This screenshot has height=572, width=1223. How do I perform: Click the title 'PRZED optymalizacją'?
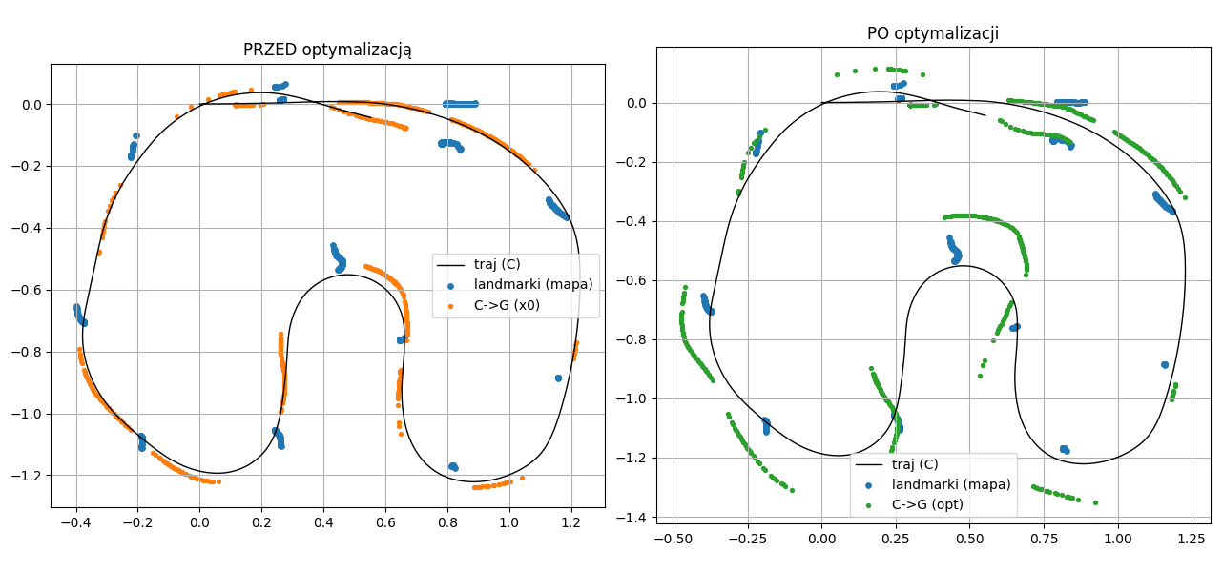[327, 50]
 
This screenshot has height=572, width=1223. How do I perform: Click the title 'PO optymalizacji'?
[932, 33]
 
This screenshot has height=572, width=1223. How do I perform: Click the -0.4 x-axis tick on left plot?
[75, 521]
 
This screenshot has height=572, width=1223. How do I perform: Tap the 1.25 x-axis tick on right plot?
[1191, 539]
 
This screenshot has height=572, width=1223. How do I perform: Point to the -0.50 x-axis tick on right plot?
[674, 539]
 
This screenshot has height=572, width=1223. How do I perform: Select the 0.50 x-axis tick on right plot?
[969, 539]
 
